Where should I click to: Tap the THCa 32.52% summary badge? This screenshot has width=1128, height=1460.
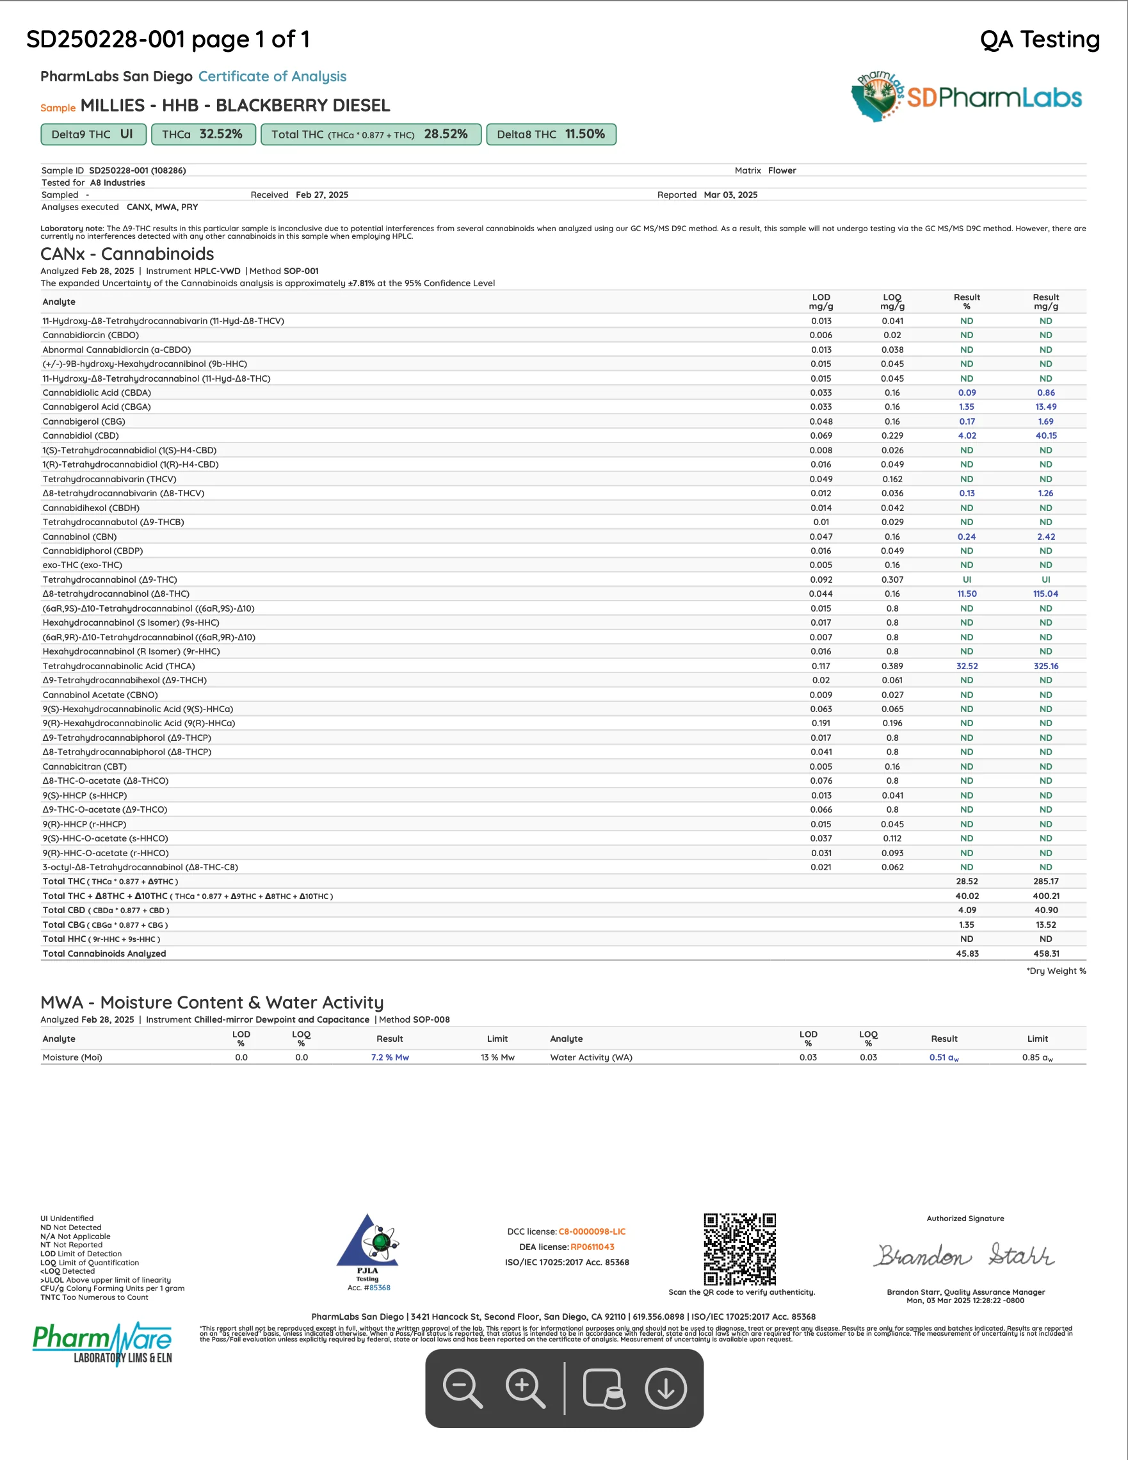(x=203, y=134)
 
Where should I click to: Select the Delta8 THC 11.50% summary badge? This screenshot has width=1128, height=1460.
(x=551, y=134)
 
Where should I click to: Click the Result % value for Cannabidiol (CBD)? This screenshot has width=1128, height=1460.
(x=966, y=436)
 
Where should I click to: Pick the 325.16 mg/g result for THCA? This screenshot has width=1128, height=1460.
(x=1045, y=667)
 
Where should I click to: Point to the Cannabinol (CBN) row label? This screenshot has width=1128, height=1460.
(x=79, y=537)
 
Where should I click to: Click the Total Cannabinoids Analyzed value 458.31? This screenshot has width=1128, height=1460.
(x=1045, y=954)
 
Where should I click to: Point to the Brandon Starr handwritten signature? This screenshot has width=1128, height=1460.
(x=965, y=1256)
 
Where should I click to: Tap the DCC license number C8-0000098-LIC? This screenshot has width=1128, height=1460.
(x=592, y=1231)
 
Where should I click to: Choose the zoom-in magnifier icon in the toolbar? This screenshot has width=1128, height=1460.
(x=525, y=1388)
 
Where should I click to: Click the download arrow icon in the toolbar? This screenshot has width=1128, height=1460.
(x=666, y=1388)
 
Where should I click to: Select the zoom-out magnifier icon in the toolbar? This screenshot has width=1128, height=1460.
(x=462, y=1388)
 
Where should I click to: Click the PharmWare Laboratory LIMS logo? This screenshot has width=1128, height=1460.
(x=103, y=1343)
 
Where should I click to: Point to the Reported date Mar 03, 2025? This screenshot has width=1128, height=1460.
(x=730, y=195)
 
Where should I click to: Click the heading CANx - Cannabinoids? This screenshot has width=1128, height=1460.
(x=127, y=254)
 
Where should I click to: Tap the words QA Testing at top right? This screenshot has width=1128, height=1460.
(x=1039, y=40)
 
